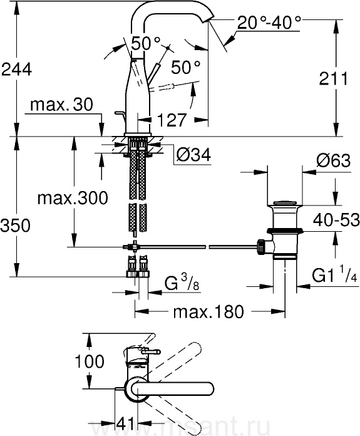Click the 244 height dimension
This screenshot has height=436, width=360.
(x=17, y=69)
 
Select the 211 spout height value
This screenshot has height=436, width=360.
(x=333, y=78)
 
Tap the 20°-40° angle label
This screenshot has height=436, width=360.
(x=269, y=23)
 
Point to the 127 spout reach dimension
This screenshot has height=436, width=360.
(x=172, y=120)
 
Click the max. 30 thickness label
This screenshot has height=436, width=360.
(x=62, y=105)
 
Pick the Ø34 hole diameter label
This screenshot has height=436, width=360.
(x=193, y=155)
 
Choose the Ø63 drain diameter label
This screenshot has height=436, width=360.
(x=333, y=160)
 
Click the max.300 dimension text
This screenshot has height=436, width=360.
(x=73, y=198)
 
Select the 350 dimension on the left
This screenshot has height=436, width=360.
(x=15, y=225)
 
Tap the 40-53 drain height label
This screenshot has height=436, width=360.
(x=336, y=220)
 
